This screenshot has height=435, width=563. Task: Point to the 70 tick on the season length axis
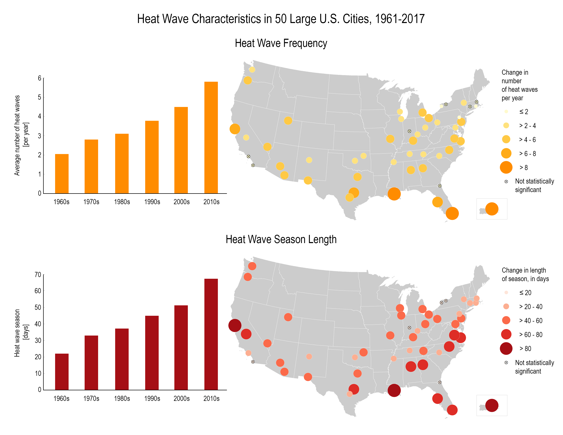click(x=38, y=275)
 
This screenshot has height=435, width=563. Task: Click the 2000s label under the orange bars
click(x=182, y=202)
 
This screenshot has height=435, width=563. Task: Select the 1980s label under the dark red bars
click(x=122, y=398)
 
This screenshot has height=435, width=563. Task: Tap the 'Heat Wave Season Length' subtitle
click(x=281, y=239)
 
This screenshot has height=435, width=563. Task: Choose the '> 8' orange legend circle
click(x=506, y=168)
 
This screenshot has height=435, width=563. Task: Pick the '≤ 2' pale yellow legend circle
click(x=506, y=112)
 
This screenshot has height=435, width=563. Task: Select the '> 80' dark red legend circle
click(x=506, y=348)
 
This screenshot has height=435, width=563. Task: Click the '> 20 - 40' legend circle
click(x=506, y=306)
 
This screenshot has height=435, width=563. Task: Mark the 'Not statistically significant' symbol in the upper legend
click(x=506, y=182)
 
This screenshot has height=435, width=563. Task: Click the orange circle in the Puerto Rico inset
click(x=492, y=209)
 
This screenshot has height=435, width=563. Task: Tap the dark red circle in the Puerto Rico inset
click(x=492, y=405)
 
